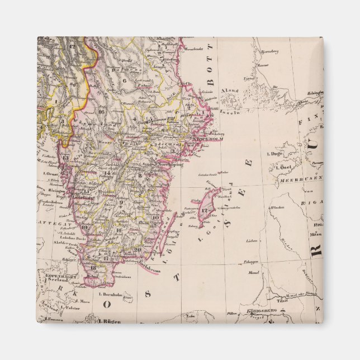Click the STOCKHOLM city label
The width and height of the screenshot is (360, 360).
207,139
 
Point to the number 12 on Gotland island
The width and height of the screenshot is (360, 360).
205,210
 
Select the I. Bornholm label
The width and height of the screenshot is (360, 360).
111,294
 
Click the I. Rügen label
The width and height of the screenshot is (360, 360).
110,321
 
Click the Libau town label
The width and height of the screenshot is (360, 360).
251,240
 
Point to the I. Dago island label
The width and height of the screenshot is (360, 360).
277,153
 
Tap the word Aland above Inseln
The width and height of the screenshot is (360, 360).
229,90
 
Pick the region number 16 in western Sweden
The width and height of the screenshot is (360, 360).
101,111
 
